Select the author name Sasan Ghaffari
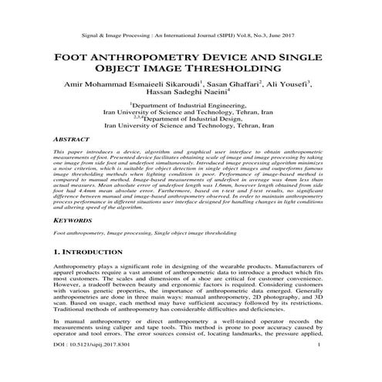coord(231,83)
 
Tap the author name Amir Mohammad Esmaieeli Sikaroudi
coord(134,83)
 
